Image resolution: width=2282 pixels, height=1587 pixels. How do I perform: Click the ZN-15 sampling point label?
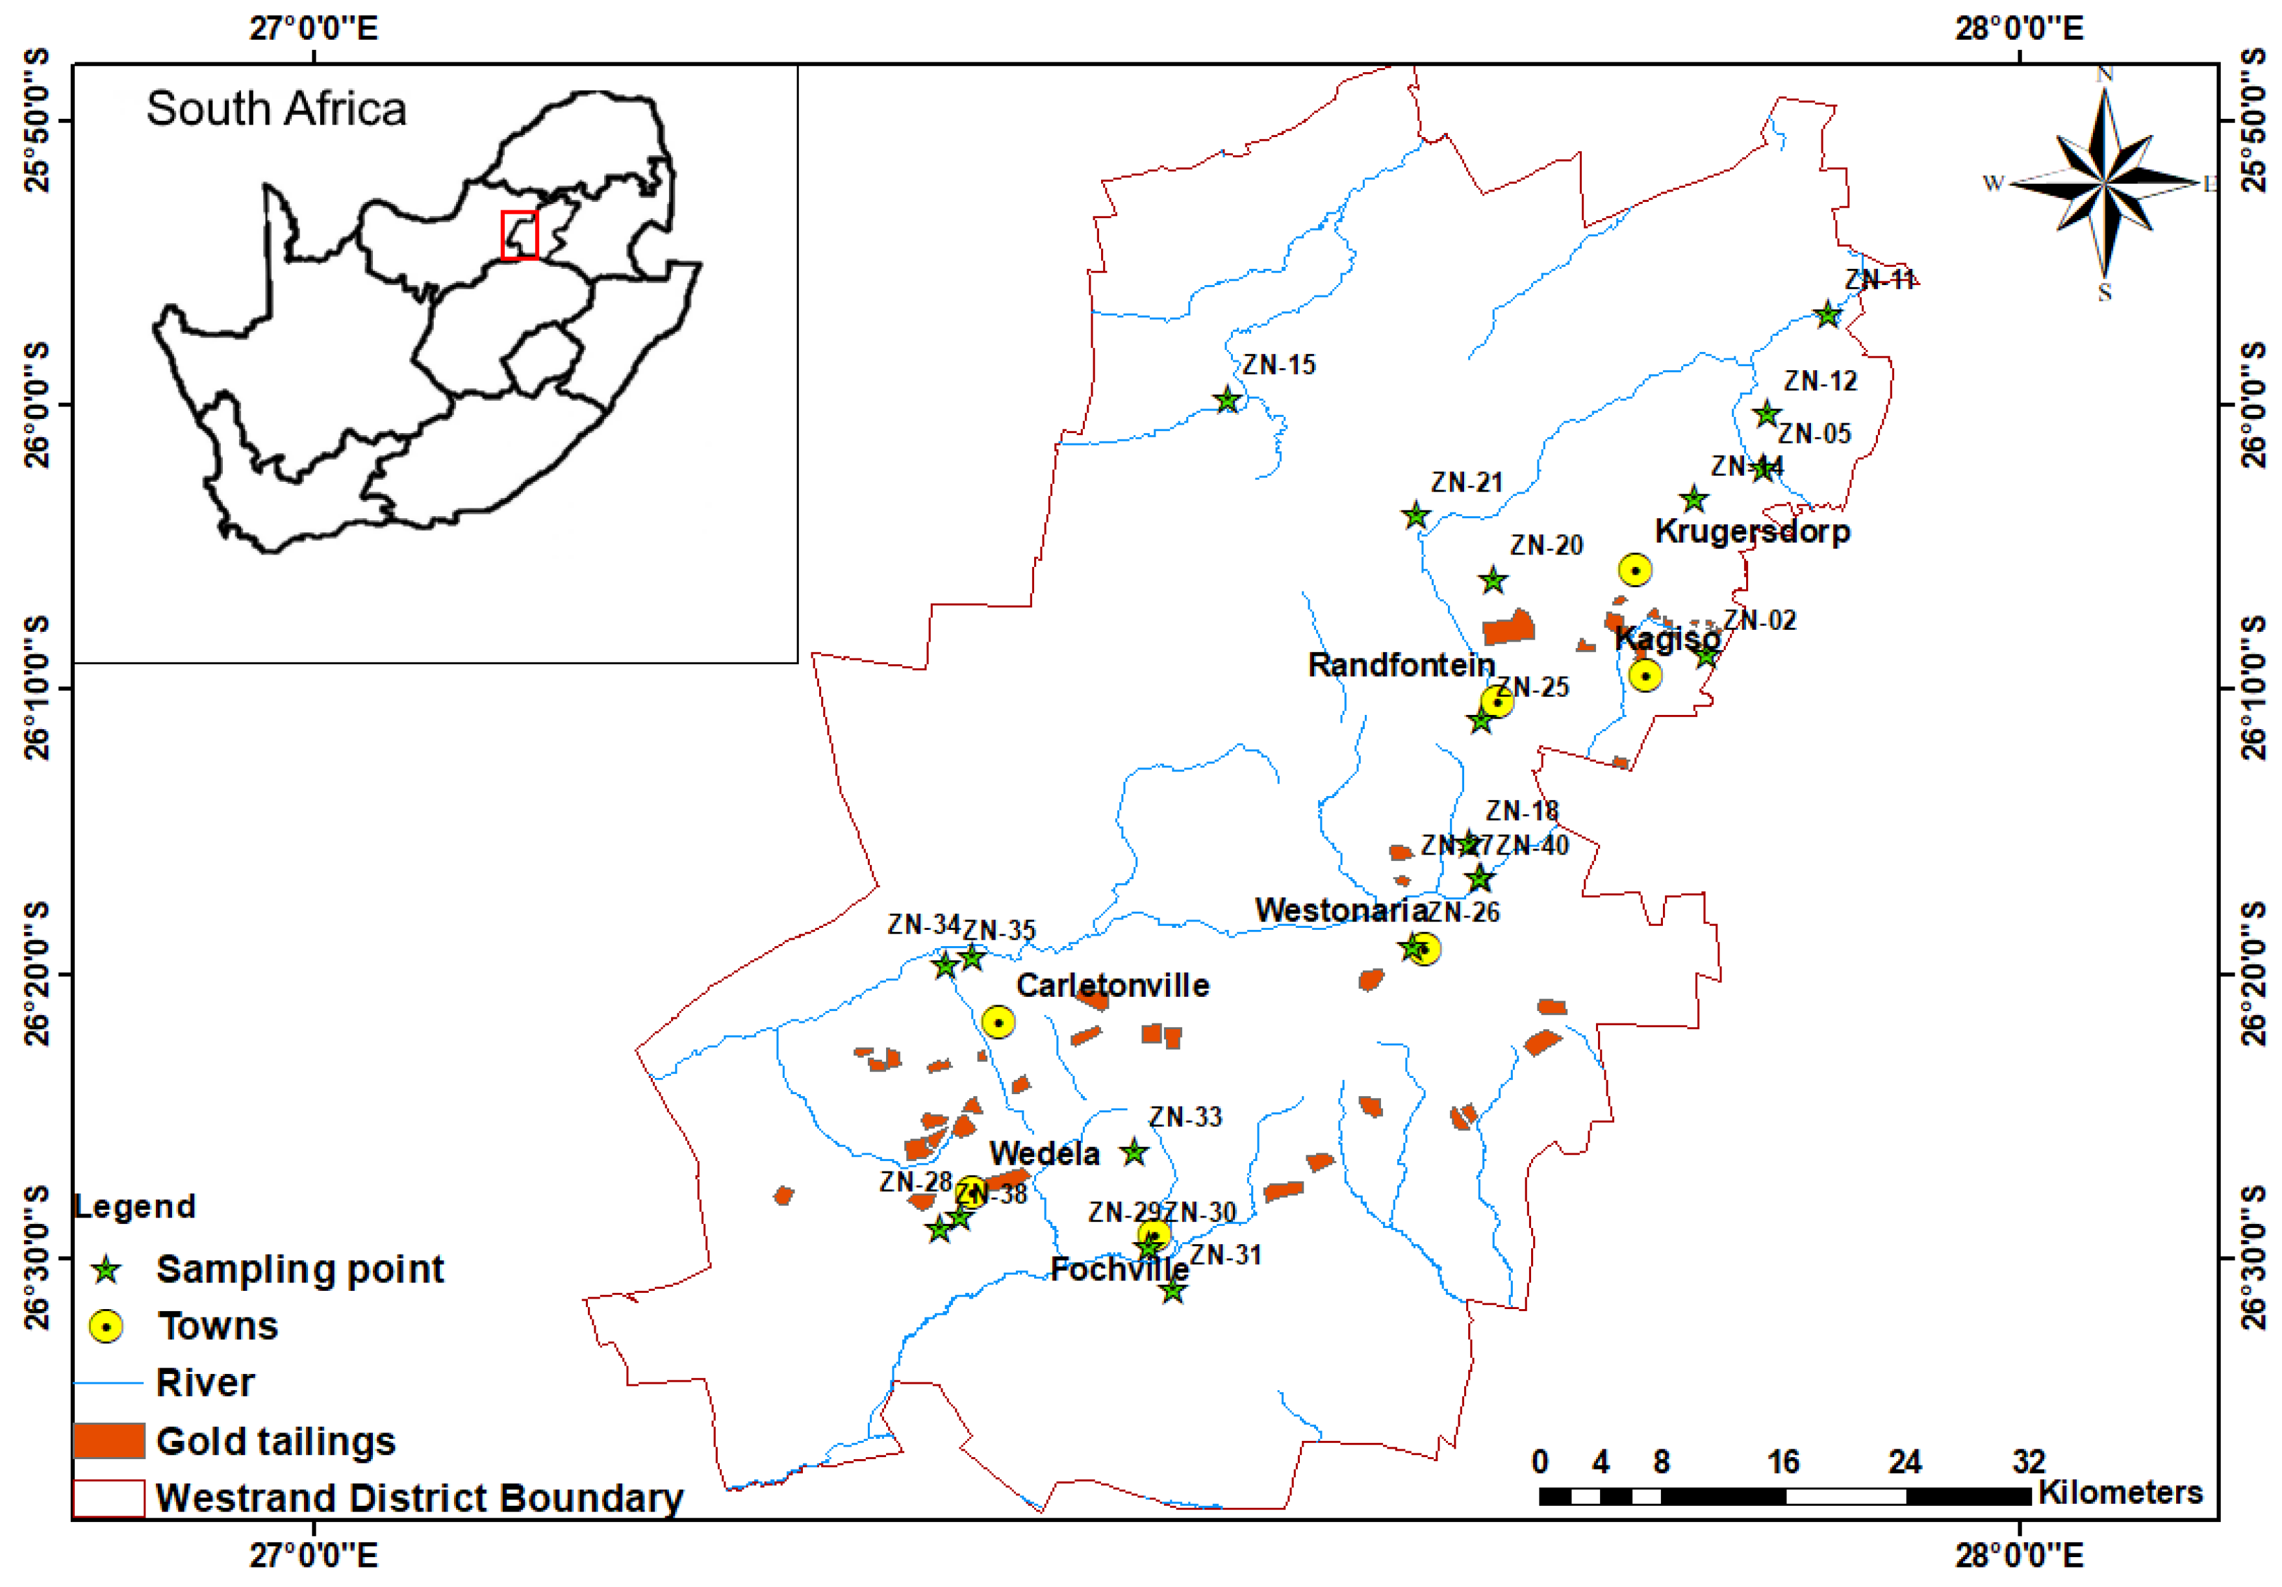(x=1278, y=365)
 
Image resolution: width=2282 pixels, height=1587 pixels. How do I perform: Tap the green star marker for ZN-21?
(x=1415, y=516)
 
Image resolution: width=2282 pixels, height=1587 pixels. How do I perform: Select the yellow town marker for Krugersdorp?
(x=1635, y=569)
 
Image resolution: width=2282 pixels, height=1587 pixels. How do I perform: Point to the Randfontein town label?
(x=1401, y=665)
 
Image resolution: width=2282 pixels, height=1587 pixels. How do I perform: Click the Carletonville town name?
(x=1112, y=985)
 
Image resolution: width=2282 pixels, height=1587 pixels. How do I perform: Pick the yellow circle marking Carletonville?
(x=998, y=1021)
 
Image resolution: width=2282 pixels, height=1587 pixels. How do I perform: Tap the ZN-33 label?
(x=1185, y=1117)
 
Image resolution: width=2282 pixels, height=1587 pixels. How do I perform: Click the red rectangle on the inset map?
(x=519, y=236)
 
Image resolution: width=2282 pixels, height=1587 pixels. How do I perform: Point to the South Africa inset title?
(x=276, y=108)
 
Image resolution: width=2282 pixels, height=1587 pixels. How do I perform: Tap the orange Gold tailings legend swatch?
(x=109, y=1440)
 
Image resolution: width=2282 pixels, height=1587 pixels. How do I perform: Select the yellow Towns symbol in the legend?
(x=107, y=1327)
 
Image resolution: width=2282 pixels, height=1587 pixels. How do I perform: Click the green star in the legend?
(x=107, y=1270)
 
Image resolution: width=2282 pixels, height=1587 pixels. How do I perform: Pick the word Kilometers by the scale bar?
(x=2120, y=1493)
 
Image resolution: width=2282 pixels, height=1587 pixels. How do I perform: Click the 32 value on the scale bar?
(x=2029, y=1462)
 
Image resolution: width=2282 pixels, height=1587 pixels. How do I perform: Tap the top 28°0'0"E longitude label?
(x=2019, y=28)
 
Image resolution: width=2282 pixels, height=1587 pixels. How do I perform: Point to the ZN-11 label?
(x=1879, y=281)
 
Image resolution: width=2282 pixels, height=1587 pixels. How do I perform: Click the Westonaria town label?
(x=1341, y=910)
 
